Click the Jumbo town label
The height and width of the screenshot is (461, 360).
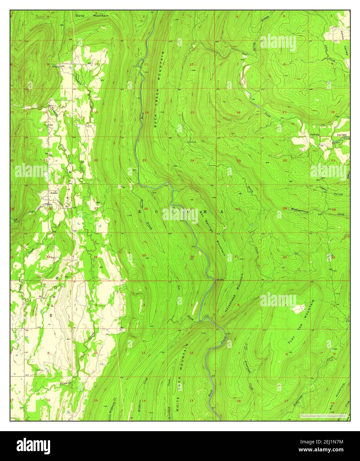click(x=53, y=193)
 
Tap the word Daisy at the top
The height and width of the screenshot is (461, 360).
click(x=80, y=16)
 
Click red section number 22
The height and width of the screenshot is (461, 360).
click(x=96, y=161)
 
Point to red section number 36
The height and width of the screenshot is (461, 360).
click(x=192, y=257)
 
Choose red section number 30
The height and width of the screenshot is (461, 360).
click(x=237, y=209)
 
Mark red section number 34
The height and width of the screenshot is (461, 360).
click(x=96, y=257)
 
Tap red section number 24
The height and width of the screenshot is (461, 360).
click(x=192, y=161)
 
